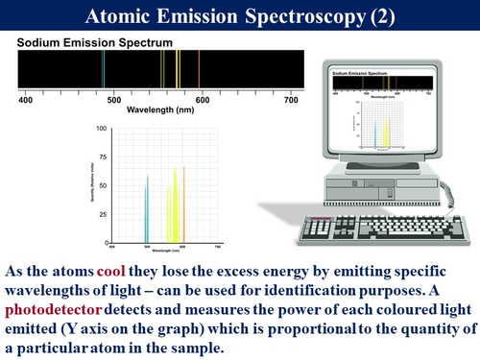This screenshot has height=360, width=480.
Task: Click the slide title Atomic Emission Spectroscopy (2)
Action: click(239, 16)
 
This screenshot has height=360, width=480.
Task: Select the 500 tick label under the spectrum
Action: click(113, 99)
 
